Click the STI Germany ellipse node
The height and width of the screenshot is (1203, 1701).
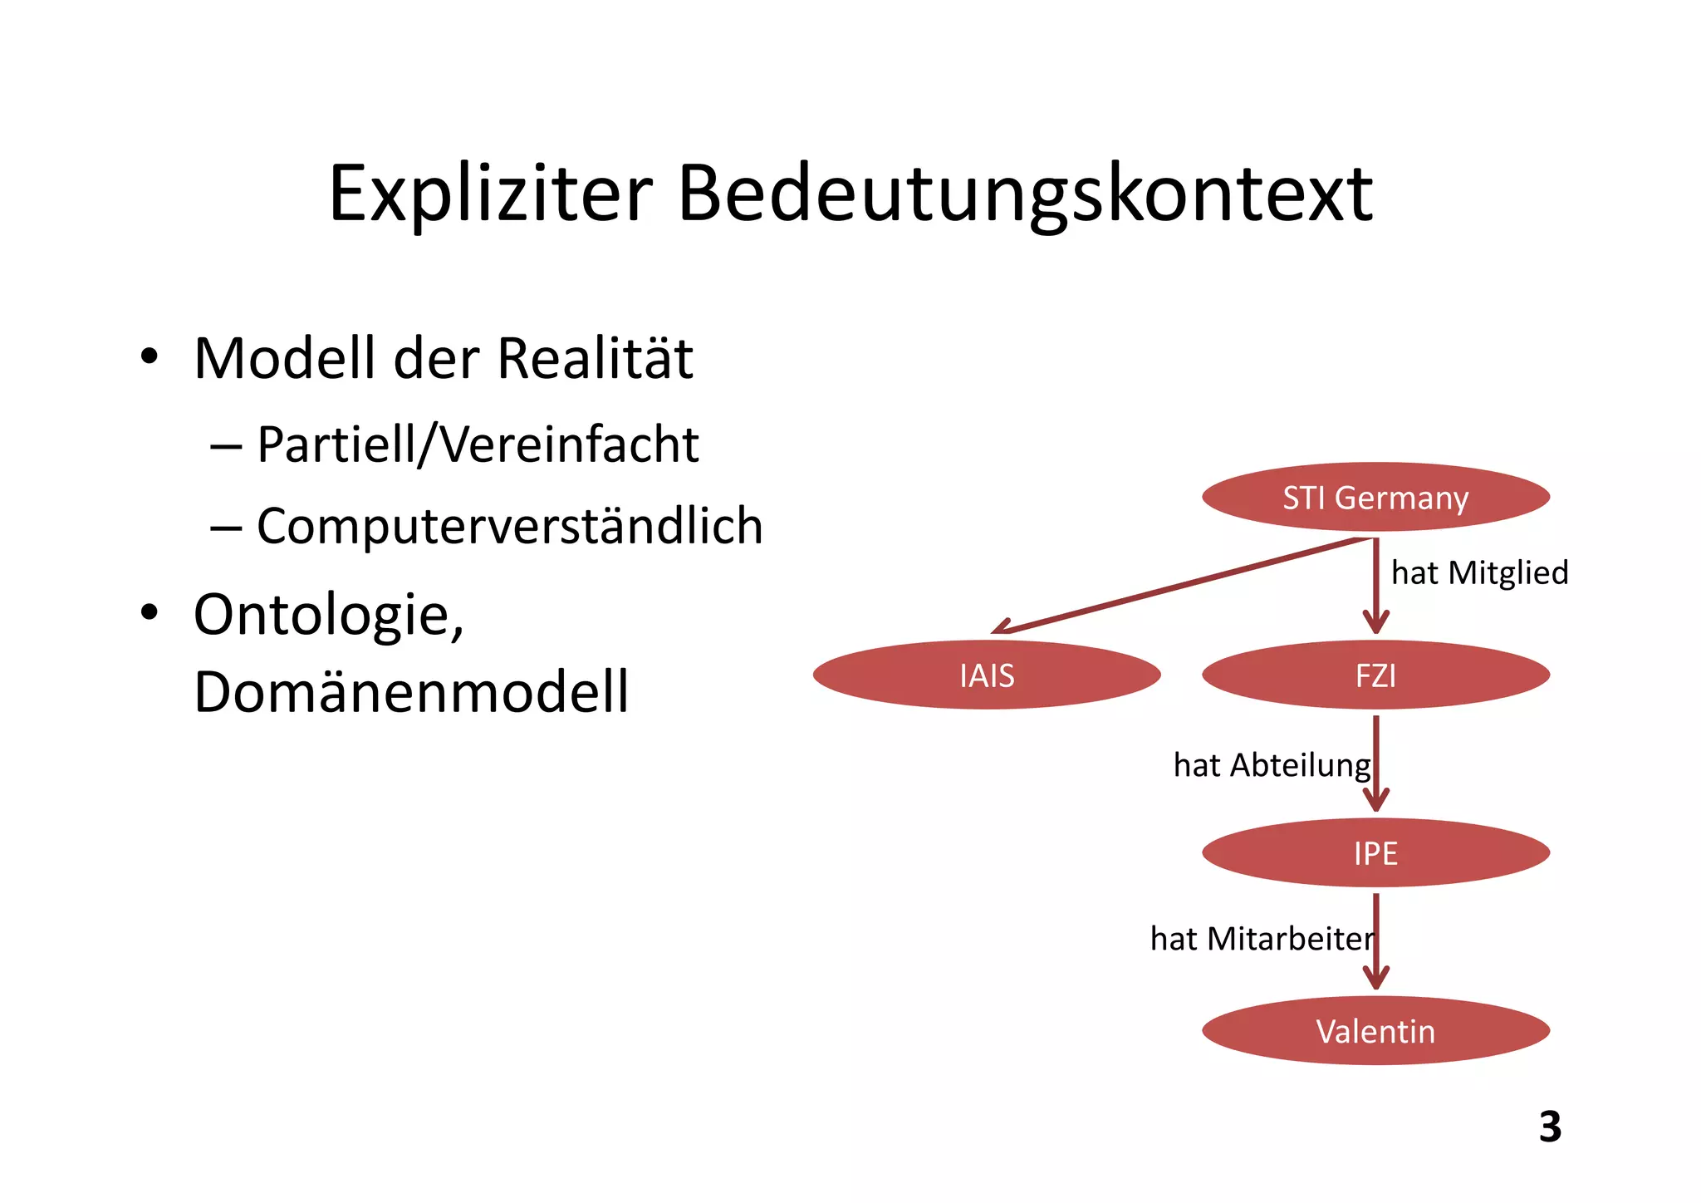1375,497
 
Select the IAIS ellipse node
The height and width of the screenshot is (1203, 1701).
987,675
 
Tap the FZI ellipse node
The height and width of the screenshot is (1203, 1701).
1375,675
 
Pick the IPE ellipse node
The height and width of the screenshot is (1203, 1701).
1375,852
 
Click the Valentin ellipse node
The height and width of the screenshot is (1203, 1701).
1375,1030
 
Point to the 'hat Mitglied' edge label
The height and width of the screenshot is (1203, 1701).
1479,572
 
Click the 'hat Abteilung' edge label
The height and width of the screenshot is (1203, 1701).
1271,764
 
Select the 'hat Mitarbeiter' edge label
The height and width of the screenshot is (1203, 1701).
1261,939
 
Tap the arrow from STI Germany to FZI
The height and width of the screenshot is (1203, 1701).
1376,586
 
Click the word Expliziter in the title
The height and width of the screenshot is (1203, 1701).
490,194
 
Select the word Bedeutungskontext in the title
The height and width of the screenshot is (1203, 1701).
1025,194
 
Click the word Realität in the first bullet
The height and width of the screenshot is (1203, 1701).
595,359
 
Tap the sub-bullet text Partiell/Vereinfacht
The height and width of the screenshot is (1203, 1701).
478,444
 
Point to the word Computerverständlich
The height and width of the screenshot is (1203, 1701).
509,526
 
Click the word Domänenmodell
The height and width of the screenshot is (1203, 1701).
411,691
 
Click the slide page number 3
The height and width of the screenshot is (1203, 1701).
1550,1127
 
